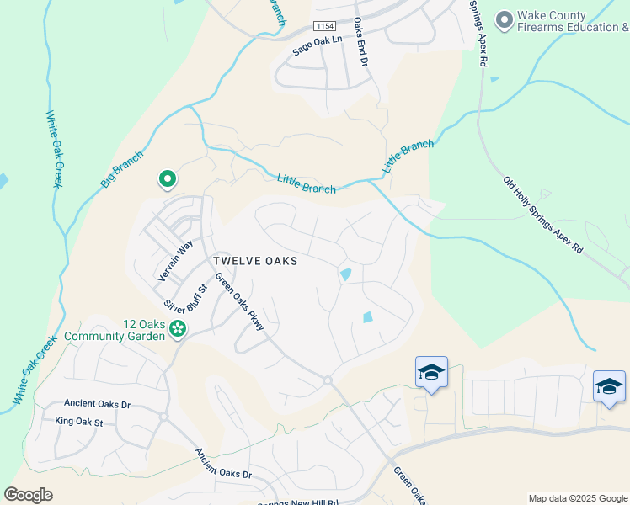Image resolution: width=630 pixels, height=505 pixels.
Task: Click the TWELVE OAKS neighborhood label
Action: pyautogui.click(x=255, y=261)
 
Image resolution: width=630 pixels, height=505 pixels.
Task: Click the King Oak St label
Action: pyautogui.click(x=78, y=421)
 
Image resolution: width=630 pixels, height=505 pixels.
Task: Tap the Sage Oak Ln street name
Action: pyautogui.click(x=318, y=45)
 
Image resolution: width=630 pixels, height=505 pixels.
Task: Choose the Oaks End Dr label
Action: pyautogui.click(x=360, y=42)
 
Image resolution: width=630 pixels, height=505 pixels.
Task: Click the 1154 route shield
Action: pyautogui.click(x=324, y=27)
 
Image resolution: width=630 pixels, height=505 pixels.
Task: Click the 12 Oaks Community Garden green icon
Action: pyautogui.click(x=178, y=329)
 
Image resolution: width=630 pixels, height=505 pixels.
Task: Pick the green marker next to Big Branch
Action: pyautogui.click(x=167, y=178)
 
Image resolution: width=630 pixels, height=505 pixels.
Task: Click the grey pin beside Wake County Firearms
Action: pyautogui.click(x=505, y=19)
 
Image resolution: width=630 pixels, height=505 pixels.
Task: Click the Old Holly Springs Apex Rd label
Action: pyautogui.click(x=543, y=215)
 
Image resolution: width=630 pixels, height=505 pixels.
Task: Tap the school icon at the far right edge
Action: pyautogui.click(x=609, y=386)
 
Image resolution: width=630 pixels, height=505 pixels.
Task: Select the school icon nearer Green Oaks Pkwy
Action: pyautogui.click(x=431, y=372)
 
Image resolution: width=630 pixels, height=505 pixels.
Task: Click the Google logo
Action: pyautogui.click(x=28, y=495)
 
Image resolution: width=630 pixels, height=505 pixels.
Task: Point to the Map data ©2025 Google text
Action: pyautogui.click(x=578, y=498)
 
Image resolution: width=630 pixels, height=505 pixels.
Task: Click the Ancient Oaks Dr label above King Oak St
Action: pyautogui.click(x=92, y=404)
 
